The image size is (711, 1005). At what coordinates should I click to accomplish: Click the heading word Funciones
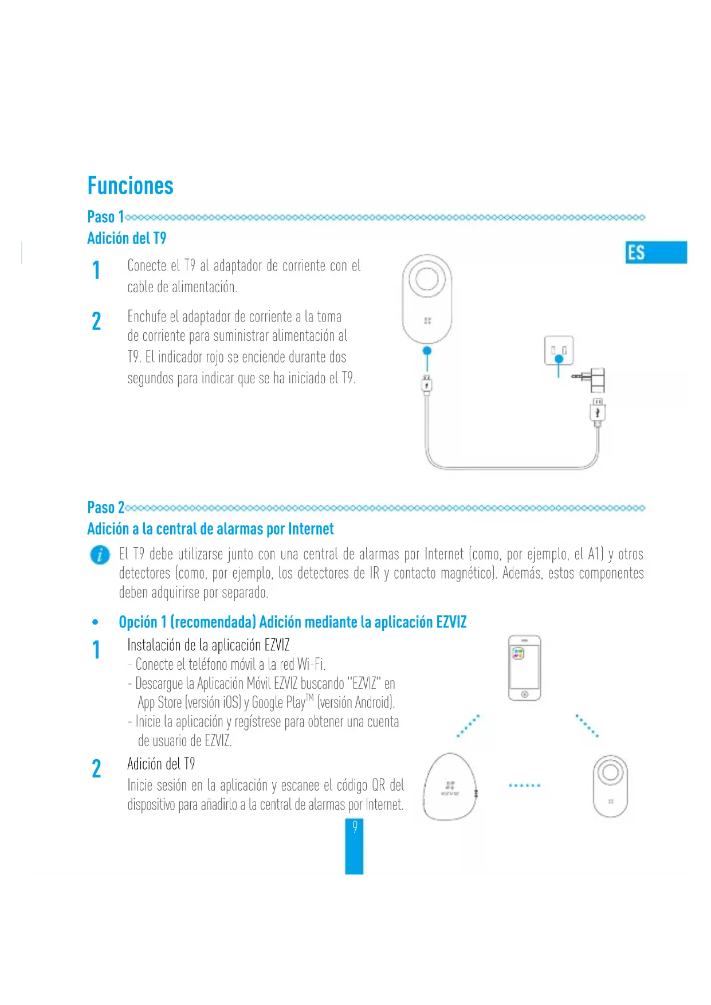pos(130,186)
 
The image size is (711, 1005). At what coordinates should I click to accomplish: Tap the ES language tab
pos(656,252)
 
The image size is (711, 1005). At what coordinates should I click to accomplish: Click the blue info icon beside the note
pos(100,555)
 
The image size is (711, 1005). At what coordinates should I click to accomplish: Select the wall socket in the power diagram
pos(559,350)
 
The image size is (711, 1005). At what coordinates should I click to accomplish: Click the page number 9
pos(355,827)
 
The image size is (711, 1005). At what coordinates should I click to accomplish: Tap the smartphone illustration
pos(524,668)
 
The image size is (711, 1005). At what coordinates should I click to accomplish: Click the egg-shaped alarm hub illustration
pos(450,787)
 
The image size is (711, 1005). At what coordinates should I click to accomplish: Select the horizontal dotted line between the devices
pos(524,786)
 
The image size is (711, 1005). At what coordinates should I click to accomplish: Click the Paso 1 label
pos(105,217)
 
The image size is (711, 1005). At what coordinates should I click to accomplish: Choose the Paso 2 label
pos(105,507)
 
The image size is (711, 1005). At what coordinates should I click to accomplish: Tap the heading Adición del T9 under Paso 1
pos(127,238)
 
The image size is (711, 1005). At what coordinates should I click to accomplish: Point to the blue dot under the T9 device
pos(426,351)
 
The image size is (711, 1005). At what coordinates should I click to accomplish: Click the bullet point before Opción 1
pos(95,622)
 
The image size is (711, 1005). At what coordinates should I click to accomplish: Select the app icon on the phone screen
pos(518,653)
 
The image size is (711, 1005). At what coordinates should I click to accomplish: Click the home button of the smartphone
pos(524,694)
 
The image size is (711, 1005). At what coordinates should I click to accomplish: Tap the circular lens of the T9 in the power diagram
pos(427,279)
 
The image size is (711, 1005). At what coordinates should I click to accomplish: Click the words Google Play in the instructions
pos(278,702)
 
